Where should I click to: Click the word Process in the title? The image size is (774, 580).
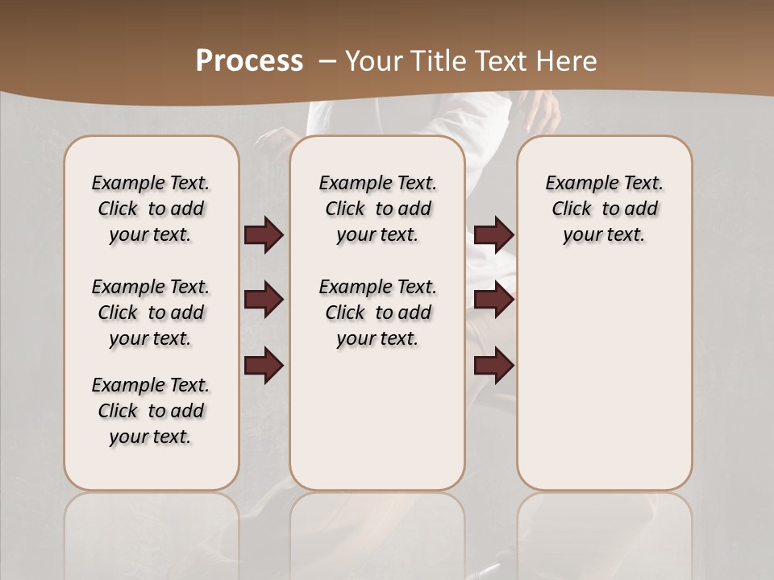(249, 61)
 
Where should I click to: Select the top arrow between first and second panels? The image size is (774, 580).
(264, 235)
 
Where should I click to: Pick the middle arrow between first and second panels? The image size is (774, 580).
(264, 300)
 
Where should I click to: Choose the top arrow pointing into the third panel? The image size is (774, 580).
(493, 235)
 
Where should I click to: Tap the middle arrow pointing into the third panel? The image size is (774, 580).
(493, 300)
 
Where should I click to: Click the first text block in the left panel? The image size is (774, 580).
(151, 209)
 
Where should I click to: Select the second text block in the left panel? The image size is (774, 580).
(151, 313)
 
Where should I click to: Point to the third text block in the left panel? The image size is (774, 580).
(151, 411)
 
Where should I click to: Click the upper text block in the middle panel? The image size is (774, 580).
(377, 209)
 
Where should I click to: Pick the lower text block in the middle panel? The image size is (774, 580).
(377, 313)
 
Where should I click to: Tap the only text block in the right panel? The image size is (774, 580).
(604, 209)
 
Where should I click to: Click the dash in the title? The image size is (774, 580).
(327, 61)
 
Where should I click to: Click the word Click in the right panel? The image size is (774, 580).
(572, 209)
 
